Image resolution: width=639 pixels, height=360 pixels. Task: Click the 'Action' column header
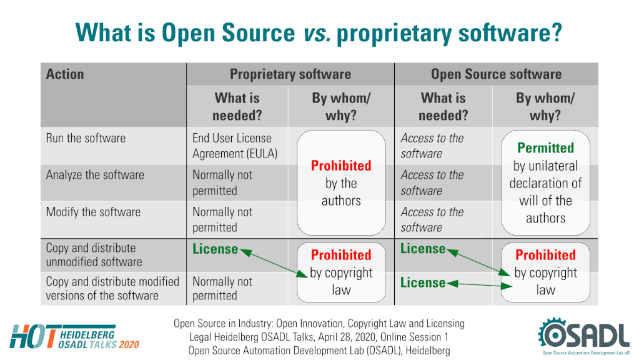(65, 74)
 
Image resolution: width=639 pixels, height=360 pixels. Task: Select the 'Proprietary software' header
(290, 74)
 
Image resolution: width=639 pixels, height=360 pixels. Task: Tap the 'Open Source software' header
(496, 74)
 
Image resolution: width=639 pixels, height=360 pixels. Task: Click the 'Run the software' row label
(86, 138)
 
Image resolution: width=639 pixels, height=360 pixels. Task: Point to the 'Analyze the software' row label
(95, 175)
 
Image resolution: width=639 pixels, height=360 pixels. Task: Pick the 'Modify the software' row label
(93, 212)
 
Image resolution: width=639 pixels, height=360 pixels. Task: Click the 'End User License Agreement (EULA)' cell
(235, 146)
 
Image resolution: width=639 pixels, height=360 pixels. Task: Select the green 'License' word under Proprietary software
(215, 249)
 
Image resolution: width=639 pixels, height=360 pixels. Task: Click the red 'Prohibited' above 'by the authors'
(341, 166)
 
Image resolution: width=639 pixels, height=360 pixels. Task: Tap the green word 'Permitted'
(546, 147)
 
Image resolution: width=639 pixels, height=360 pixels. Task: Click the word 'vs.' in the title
(317, 32)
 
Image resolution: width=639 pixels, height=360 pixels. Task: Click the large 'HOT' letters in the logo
(33, 337)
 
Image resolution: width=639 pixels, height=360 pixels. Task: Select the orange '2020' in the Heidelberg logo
(129, 345)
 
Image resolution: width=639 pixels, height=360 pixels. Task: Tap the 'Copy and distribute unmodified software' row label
(94, 255)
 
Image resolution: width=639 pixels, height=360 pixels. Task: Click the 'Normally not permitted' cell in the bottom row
(222, 288)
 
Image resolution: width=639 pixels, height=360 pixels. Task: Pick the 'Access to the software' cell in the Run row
(432, 146)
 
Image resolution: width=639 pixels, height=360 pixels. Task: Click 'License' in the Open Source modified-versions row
(423, 282)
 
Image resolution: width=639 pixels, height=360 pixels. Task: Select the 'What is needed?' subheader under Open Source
(443, 106)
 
